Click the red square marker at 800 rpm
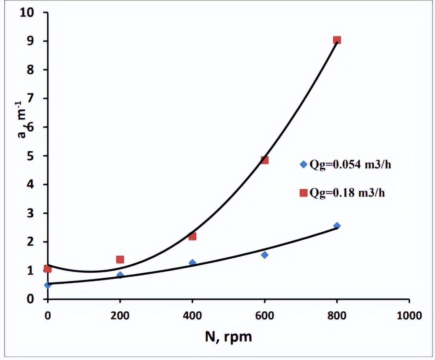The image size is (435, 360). [337, 40]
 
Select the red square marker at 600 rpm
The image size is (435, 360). [265, 160]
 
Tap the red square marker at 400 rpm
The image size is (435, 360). [192, 236]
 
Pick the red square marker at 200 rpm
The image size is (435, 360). [120, 259]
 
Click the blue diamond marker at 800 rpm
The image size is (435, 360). [337, 226]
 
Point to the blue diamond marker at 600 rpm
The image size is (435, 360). [265, 255]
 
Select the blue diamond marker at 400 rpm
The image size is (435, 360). [192, 263]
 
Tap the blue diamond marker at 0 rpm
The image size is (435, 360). [48, 285]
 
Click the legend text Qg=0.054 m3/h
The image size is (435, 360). [351, 165]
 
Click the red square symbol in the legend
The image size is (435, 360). [303, 193]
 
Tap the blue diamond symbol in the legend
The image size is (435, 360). [303, 165]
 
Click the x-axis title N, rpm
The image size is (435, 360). [228, 337]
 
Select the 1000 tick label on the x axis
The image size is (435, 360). [409, 315]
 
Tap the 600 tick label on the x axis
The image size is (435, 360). [265, 315]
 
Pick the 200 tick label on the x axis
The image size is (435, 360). [120, 315]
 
